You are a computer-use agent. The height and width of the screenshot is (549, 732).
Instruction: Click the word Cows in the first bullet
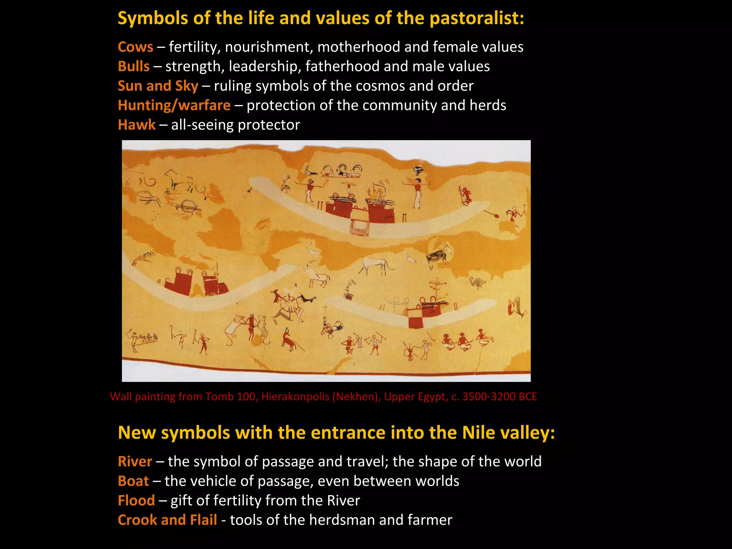(x=135, y=47)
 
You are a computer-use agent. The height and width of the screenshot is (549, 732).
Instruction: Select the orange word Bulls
(x=134, y=66)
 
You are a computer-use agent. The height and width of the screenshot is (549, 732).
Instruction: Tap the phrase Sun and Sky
(x=158, y=86)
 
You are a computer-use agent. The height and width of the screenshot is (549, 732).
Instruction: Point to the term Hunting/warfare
(x=174, y=105)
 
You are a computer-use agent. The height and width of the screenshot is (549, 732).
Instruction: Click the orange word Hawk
(x=137, y=125)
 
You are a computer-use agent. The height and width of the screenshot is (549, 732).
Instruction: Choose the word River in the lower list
(x=135, y=461)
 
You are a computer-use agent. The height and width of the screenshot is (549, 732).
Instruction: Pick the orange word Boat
(x=133, y=481)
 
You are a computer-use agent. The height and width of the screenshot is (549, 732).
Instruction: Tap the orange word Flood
(x=136, y=500)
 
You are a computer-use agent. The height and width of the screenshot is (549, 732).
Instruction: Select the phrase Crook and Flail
(x=167, y=520)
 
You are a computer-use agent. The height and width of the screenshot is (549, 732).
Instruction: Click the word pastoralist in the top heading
(x=476, y=18)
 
